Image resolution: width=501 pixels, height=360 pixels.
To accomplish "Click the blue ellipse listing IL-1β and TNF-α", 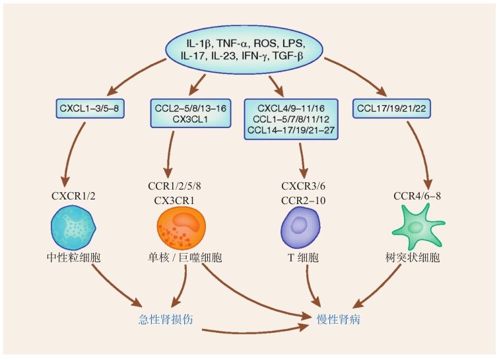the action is (x=244, y=50).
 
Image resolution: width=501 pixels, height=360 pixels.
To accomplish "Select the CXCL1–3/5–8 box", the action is (x=90, y=108).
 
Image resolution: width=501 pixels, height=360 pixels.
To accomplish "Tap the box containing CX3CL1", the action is (x=190, y=114).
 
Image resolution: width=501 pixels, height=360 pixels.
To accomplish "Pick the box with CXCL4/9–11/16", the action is (x=291, y=120).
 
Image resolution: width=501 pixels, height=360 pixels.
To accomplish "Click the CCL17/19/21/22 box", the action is (x=391, y=108).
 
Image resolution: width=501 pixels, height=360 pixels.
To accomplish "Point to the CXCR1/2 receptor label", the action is (x=73, y=196).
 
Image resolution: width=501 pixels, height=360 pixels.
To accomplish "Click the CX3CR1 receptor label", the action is (x=174, y=200).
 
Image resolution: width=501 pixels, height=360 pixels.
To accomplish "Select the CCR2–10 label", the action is (x=303, y=200).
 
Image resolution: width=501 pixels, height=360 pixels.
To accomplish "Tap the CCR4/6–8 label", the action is (x=417, y=196).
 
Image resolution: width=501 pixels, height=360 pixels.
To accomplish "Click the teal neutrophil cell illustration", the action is (x=73, y=228).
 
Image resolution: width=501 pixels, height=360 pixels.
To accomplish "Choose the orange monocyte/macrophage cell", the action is (x=181, y=229).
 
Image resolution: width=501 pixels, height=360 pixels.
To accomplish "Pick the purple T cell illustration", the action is (x=300, y=227).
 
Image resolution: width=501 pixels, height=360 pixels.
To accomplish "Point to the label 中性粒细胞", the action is (x=73, y=258).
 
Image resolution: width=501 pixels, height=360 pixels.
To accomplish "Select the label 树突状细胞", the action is (x=413, y=258).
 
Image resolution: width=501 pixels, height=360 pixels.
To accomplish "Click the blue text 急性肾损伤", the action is (x=166, y=319).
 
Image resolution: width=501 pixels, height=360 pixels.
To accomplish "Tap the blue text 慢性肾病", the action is (x=339, y=319).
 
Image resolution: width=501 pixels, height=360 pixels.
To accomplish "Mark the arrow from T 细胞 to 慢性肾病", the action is (x=311, y=285).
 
